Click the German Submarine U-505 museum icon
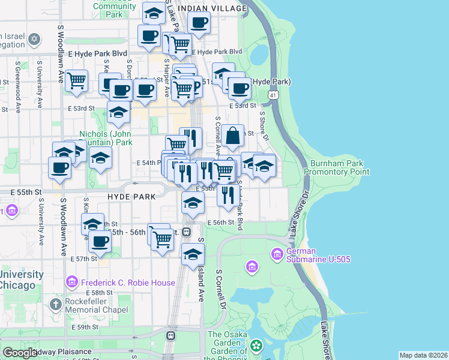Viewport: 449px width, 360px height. tap(277, 254)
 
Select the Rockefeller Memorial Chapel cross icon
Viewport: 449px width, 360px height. tap(56, 305)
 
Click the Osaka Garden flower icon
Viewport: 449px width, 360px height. tap(256, 345)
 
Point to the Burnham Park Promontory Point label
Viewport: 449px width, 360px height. tap(336, 167)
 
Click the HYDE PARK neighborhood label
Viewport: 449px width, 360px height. tap(131, 196)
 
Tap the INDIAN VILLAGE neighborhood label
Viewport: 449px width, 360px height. tap(212, 8)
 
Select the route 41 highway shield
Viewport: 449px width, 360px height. tap(273, 95)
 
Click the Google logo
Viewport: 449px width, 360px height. tap(20, 353)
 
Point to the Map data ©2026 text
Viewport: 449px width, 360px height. tap(423, 355)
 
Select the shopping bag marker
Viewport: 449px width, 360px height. tap(232, 136)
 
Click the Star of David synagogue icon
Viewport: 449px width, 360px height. tap(34, 40)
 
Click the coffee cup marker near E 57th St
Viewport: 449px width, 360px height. tap(100, 241)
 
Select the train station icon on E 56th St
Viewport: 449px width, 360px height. tap(187, 232)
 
